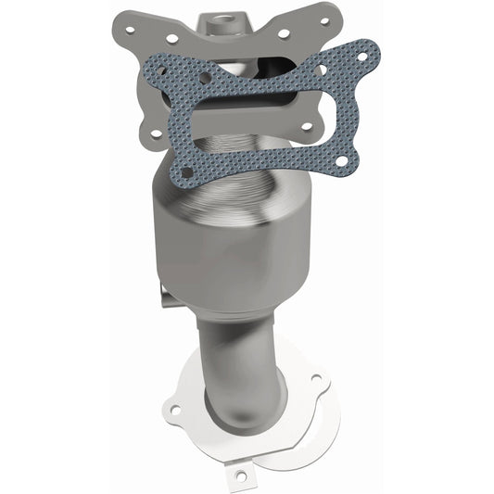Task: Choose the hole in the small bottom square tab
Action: (243, 475)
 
